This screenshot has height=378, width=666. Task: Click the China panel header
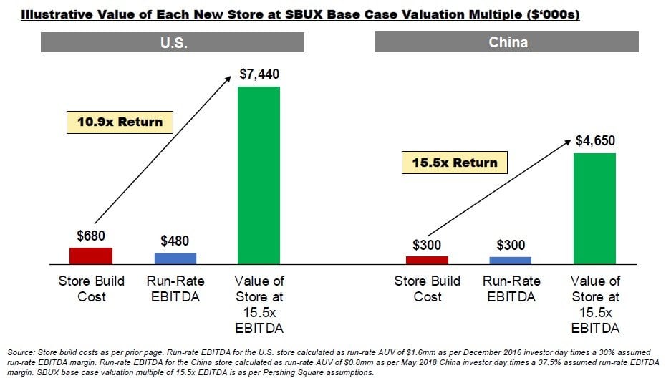tap(508, 42)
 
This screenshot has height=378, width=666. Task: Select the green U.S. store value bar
tap(259, 175)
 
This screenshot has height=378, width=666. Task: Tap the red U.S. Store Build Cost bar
tap(91, 256)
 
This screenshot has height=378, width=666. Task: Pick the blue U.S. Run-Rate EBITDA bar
tap(175, 258)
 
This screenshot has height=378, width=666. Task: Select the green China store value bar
tap(594, 208)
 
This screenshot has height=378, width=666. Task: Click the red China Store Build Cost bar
tap(427, 259)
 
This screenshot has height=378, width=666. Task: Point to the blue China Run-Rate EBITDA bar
tap(511, 260)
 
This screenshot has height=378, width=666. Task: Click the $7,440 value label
tap(259, 74)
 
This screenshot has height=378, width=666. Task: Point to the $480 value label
tap(175, 241)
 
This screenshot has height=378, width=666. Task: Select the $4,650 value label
tap(594, 141)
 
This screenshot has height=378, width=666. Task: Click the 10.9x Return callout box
tap(120, 122)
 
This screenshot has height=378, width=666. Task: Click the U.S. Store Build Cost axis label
tap(91, 289)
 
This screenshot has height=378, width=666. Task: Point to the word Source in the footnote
tap(20, 353)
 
